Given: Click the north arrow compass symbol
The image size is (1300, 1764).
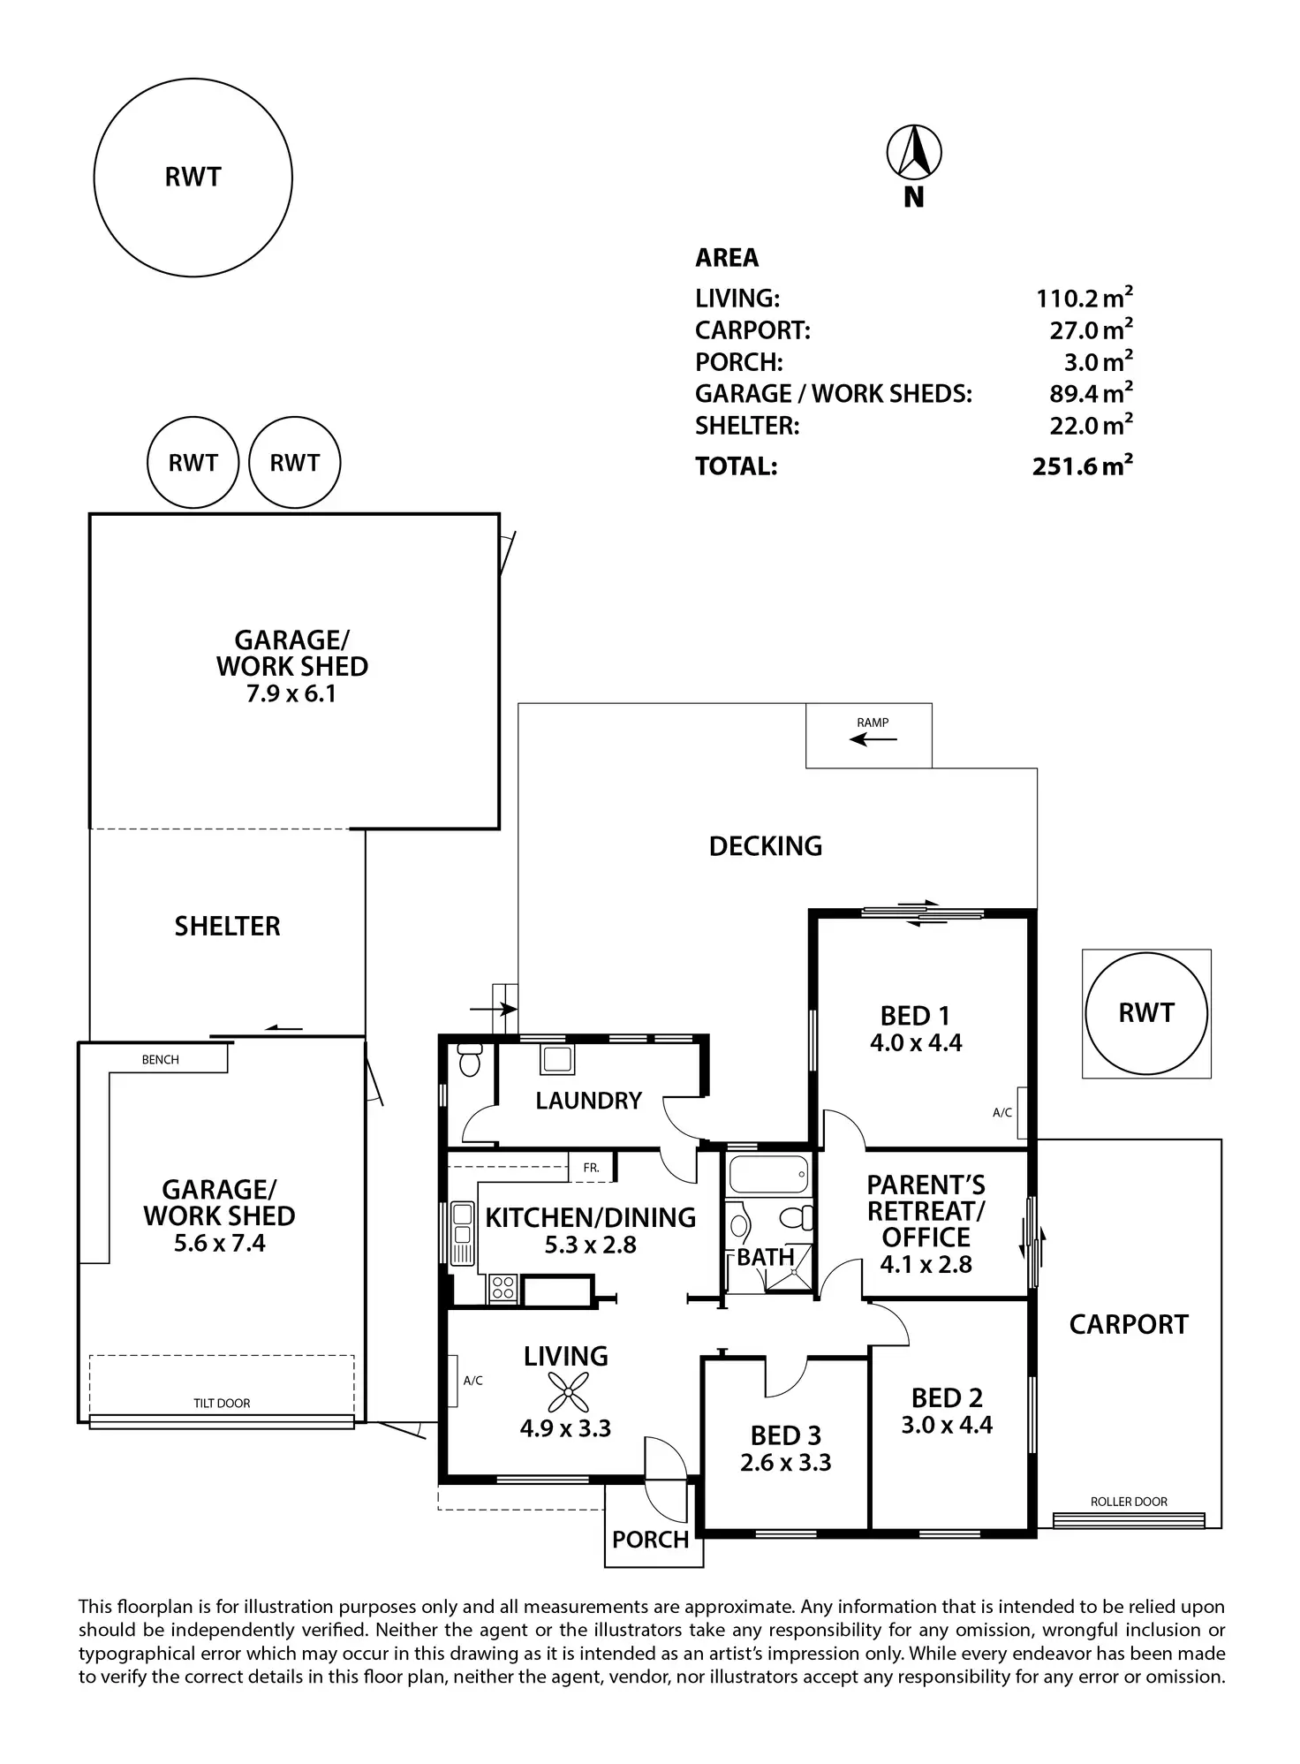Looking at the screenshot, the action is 914,152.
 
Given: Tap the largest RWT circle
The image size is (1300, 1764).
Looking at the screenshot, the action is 193,178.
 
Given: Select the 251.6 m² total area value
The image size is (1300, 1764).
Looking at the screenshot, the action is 1082,466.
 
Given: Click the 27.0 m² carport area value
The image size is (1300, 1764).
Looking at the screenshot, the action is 1090,330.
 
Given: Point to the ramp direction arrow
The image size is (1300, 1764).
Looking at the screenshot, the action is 872,738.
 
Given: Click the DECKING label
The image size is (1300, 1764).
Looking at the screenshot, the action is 765,846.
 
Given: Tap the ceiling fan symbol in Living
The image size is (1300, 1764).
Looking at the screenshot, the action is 566,1392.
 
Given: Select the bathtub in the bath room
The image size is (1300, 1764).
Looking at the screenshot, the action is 767,1174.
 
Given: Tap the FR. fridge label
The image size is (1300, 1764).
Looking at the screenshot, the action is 591,1168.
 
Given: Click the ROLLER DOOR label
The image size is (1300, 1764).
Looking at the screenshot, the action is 1128,1502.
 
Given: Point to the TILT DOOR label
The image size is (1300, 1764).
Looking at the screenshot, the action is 222,1403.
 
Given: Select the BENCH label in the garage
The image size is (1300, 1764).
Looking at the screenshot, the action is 161,1060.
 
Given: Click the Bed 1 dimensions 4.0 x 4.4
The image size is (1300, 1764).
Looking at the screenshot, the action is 916,1043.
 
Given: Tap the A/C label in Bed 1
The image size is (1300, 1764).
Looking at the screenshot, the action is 1002,1113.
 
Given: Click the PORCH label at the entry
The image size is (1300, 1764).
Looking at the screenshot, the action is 650,1540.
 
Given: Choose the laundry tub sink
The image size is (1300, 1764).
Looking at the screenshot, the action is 557,1058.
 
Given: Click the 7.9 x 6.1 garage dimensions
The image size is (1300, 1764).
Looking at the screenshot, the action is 291,693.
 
